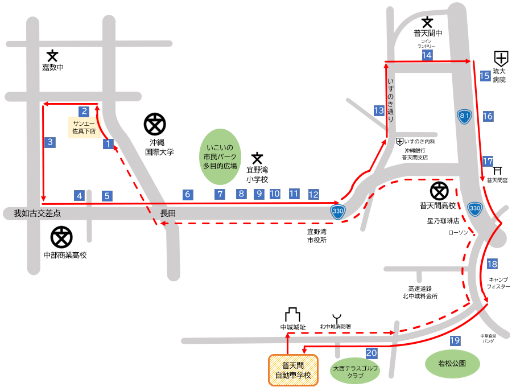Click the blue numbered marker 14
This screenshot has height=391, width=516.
[x=427, y=55]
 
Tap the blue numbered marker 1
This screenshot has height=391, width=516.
[x=108, y=144]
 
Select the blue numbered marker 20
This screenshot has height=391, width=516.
[x=371, y=353]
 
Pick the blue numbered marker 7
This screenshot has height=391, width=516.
[x=220, y=194]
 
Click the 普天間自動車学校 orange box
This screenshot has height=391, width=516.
[x=293, y=371]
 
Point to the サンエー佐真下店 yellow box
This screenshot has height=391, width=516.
[x=84, y=127]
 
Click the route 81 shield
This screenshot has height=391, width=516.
[x=465, y=116]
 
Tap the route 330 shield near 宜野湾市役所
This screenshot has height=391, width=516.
[x=338, y=212]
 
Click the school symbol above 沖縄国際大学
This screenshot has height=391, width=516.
[x=155, y=124]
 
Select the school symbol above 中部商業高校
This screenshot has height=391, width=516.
[x=61, y=237]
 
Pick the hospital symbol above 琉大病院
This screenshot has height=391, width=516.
[x=501, y=57]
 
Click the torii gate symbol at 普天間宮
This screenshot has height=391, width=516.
[x=497, y=170]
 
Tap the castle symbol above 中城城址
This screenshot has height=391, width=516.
[x=292, y=315]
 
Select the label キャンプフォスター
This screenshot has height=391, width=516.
[x=498, y=283]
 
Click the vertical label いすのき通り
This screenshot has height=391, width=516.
[x=390, y=100]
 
